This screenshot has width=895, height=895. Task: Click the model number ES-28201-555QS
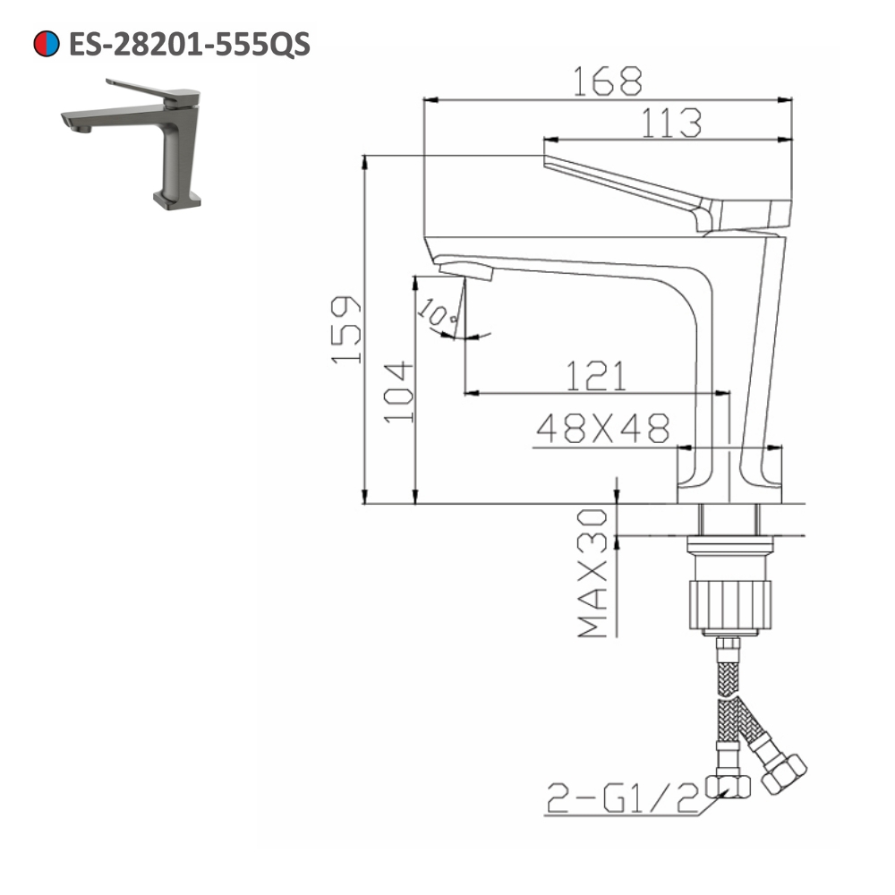189,44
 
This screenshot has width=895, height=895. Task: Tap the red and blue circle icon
47,44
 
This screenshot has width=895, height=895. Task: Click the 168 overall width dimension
608,81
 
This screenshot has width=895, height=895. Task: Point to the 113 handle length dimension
669,124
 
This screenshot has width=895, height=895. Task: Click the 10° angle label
440,314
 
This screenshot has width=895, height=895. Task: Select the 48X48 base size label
602,430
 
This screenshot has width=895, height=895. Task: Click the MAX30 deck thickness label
592,573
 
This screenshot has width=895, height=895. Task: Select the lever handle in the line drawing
662,192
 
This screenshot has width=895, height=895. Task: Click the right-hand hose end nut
784,771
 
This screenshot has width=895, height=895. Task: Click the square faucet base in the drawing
729,474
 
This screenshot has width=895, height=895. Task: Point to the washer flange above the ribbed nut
729,544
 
